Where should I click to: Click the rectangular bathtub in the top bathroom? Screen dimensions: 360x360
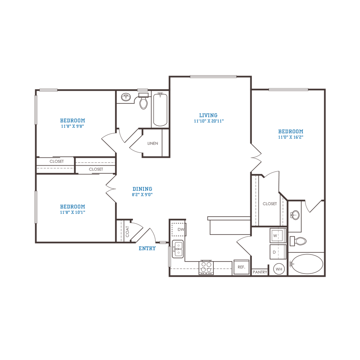(160, 109)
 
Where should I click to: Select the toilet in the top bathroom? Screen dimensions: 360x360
(143, 103)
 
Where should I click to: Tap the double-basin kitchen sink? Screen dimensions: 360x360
(178, 248)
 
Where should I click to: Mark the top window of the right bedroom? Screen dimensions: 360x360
(288, 89)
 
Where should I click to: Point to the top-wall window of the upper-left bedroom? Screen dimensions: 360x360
(48, 90)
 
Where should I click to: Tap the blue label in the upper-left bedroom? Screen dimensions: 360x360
(73, 123)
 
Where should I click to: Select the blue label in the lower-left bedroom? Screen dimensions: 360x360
(73, 209)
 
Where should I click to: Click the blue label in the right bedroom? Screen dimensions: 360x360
(290, 134)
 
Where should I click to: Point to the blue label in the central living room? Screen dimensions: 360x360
(208, 118)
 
